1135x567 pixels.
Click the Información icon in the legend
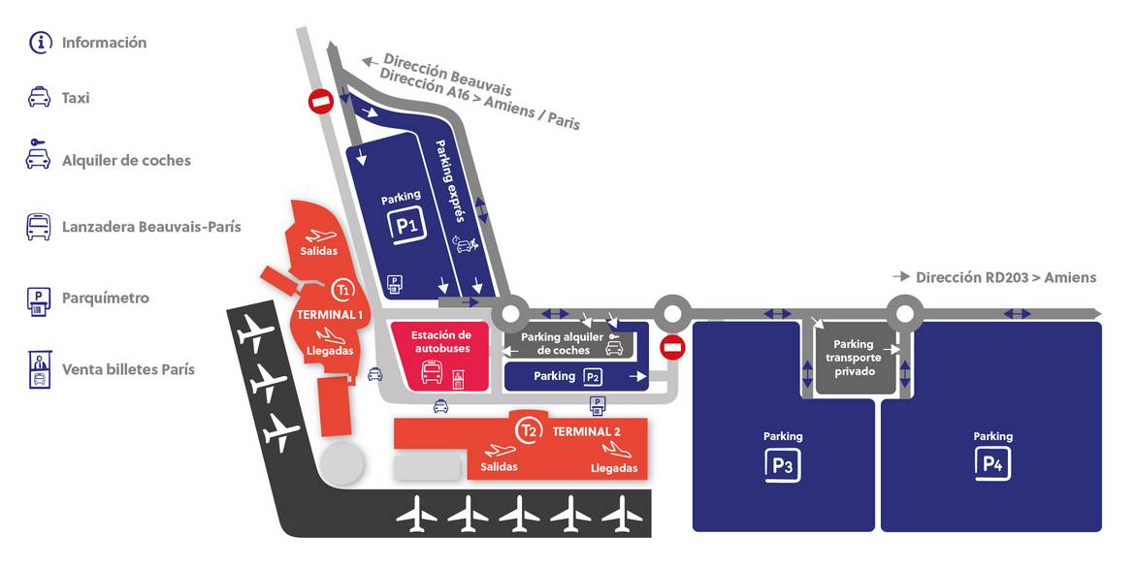click(41, 42)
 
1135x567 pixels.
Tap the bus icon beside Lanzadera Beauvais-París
click(39, 227)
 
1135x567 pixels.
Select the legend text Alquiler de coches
click(127, 161)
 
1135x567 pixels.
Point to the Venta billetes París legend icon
click(39, 369)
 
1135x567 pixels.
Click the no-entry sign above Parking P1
click(321, 101)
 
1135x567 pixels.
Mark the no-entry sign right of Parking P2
click(673, 347)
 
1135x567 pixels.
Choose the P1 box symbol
click(405, 226)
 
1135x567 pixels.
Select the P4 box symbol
click(992, 464)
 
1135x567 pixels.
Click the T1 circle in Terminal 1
click(343, 290)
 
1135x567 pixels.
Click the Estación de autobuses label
click(441, 342)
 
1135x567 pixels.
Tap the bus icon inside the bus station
click(432, 373)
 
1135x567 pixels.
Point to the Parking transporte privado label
click(854, 358)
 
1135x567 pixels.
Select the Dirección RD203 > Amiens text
click(1006, 278)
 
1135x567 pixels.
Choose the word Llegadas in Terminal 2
click(614, 469)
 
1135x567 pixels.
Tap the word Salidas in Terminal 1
click(319, 252)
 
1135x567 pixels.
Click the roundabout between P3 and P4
click(904, 313)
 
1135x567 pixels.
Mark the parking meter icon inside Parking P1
click(395, 283)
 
